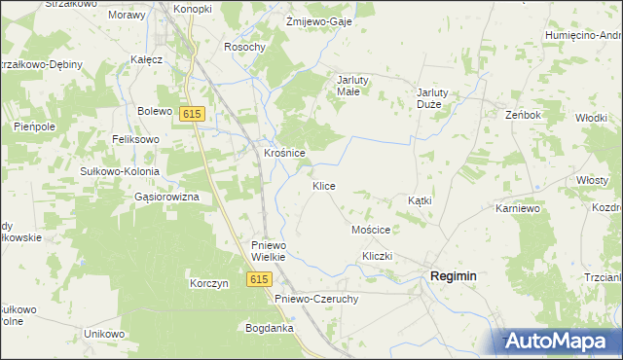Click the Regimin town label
[x=453, y=276]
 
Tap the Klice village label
[x=324, y=185]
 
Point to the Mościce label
[x=370, y=230]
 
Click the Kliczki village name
[x=376, y=255]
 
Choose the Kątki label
[x=420, y=199]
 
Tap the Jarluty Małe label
[x=348, y=86]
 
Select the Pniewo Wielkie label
[x=268, y=251]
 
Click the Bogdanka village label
[x=270, y=328]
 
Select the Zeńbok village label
[x=523, y=114]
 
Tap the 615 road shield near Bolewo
[x=192, y=114]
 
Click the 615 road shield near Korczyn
[x=257, y=279]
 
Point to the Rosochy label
[x=244, y=47]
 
